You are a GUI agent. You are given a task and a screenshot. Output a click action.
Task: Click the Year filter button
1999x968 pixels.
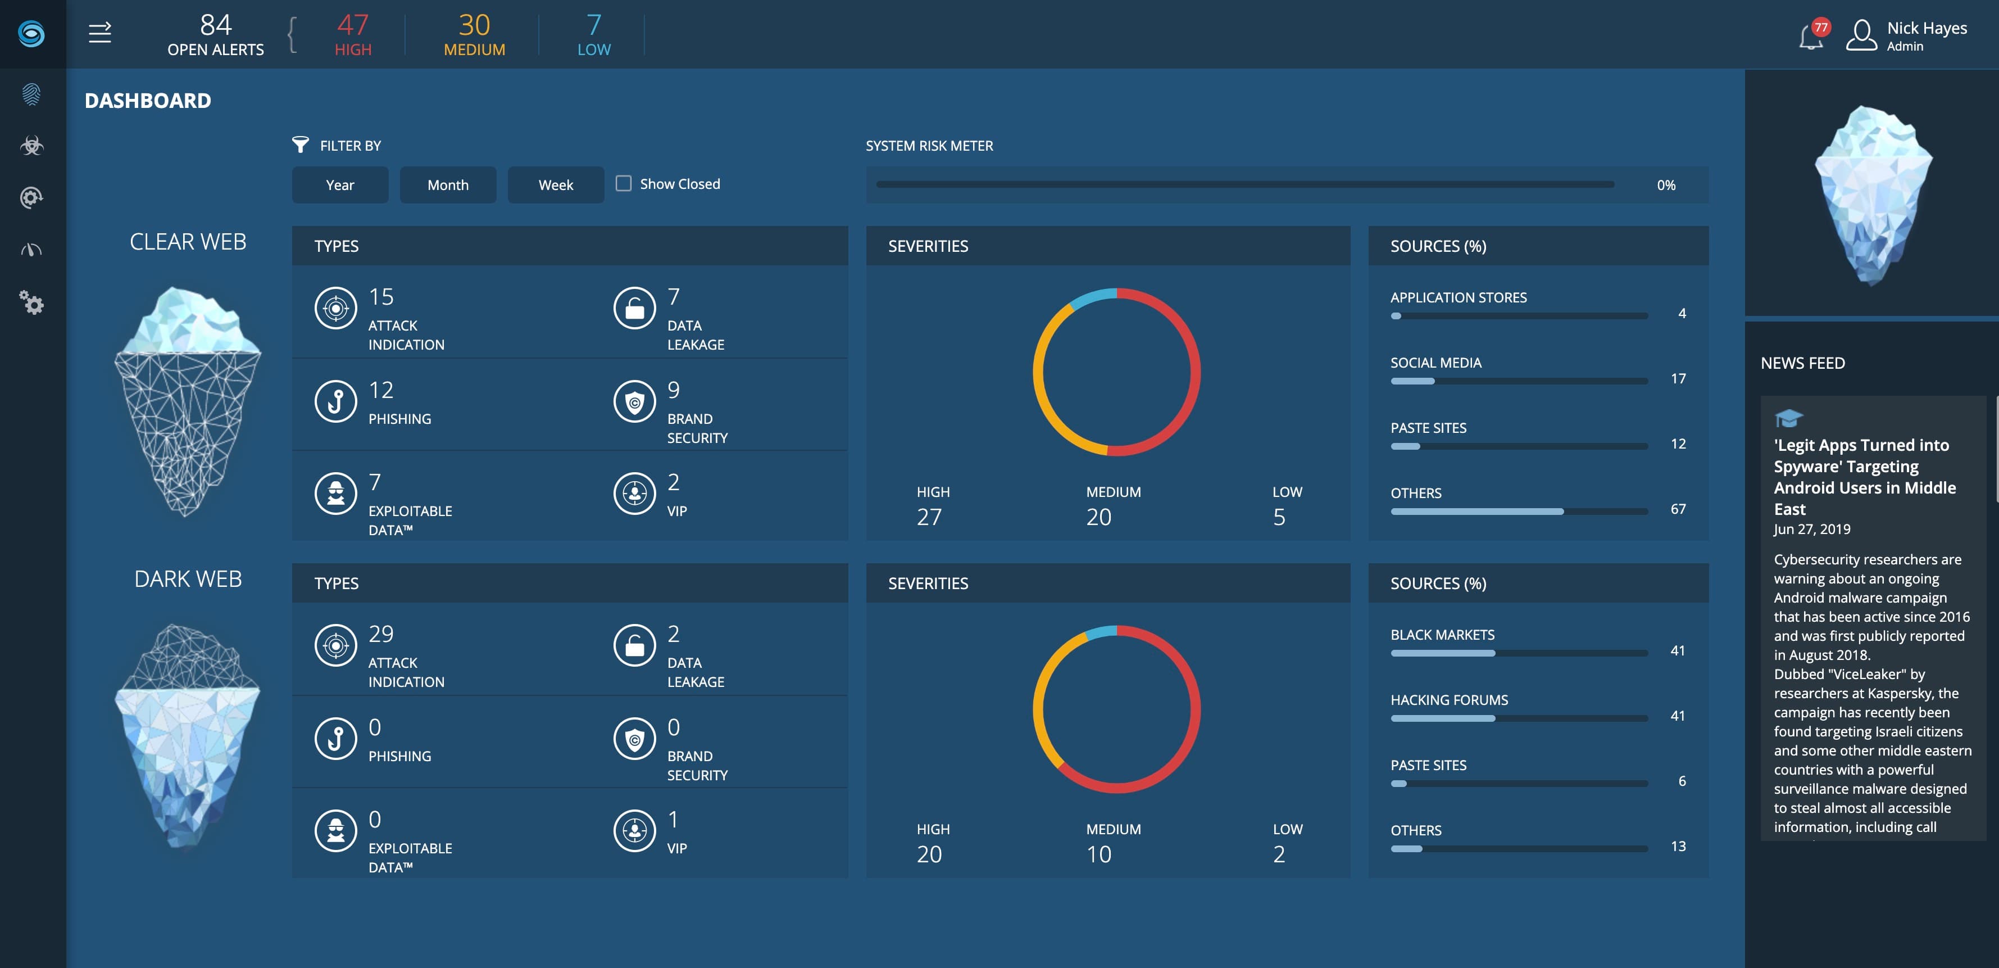(340, 185)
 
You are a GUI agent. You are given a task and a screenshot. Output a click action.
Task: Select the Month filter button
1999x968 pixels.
(448, 185)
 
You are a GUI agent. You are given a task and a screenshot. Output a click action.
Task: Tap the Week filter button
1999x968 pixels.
(556, 185)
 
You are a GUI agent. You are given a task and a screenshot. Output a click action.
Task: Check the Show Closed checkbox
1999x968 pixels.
(623, 183)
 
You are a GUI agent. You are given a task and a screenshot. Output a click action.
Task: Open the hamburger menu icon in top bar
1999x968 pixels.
(100, 33)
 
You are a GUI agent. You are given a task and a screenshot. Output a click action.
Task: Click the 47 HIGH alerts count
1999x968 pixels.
(352, 35)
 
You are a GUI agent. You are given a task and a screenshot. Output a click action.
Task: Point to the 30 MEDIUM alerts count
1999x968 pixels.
(474, 35)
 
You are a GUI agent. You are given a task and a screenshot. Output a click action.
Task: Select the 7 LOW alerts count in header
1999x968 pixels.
(594, 35)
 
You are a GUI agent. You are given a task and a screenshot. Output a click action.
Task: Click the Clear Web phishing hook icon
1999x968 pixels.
(335, 401)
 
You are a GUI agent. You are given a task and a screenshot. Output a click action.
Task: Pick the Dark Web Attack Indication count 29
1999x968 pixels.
(381, 634)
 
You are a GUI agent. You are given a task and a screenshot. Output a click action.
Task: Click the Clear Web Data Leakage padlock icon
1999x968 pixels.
(634, 308)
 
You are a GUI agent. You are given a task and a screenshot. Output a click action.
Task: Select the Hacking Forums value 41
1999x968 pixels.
(1677, 716)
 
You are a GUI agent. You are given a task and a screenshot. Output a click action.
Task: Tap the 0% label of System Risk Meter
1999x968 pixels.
(1666, 186)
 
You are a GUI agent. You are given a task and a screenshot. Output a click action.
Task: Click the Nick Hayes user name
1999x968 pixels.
(1926, 29)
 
